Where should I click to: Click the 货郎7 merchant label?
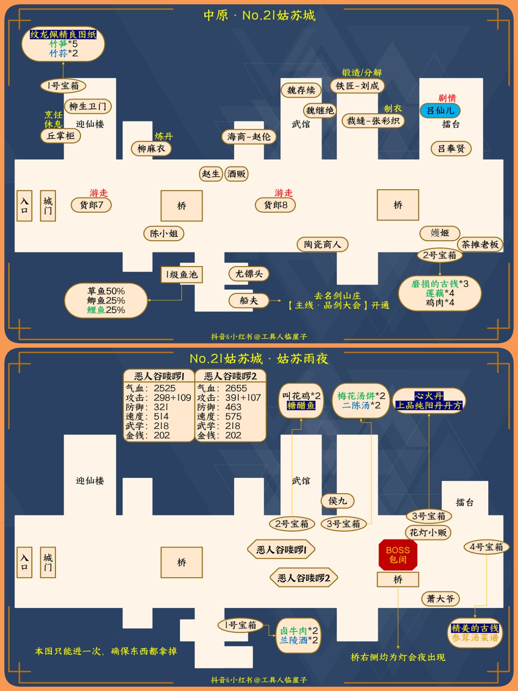point(91,205)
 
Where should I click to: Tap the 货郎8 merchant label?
point(275,205)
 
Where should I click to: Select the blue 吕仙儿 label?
point(440,111)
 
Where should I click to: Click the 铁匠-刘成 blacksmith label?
point(357,86)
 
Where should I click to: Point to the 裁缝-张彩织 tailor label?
point(373,120)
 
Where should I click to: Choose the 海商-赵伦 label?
point(249,137)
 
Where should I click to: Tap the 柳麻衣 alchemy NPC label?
point(151,149)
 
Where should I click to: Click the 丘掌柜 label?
point(61,136)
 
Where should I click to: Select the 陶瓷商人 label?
point(322,244)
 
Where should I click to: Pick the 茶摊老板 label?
point(480,244)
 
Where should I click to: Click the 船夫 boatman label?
point(249,301)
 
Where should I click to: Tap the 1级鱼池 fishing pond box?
point(182,274)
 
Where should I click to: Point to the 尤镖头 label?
point(249,274)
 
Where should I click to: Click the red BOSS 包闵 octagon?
point(398,555)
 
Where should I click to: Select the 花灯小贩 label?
point(428,533)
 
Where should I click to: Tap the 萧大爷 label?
point(440,599)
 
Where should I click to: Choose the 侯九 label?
point(338,501)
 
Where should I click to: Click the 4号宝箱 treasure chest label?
point(486,547)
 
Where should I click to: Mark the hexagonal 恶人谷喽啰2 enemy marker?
point(304,578)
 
